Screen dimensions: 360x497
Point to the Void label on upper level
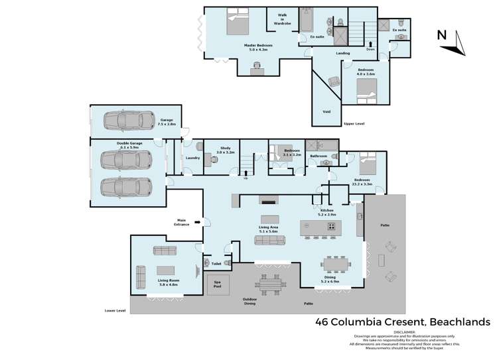click(326, 111)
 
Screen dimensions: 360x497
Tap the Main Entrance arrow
click(198, 222)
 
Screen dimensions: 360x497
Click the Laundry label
click(193, 158)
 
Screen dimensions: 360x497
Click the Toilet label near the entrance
click(216, 263)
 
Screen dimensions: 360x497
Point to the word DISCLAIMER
click(404, 331)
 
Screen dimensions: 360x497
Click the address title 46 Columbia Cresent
click(402, 322)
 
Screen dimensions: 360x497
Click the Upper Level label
click(354, 123)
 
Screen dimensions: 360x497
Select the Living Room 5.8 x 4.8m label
click(167, 282)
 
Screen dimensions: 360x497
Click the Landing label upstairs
click(342, 53)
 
